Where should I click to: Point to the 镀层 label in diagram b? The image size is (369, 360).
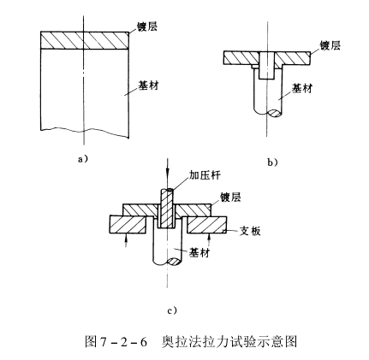tap(329, 44)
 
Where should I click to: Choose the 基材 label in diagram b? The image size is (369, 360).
tap(301, 87)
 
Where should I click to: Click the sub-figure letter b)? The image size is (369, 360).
tap(273, 162)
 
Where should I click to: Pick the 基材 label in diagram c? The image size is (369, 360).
tap(199, 254)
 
